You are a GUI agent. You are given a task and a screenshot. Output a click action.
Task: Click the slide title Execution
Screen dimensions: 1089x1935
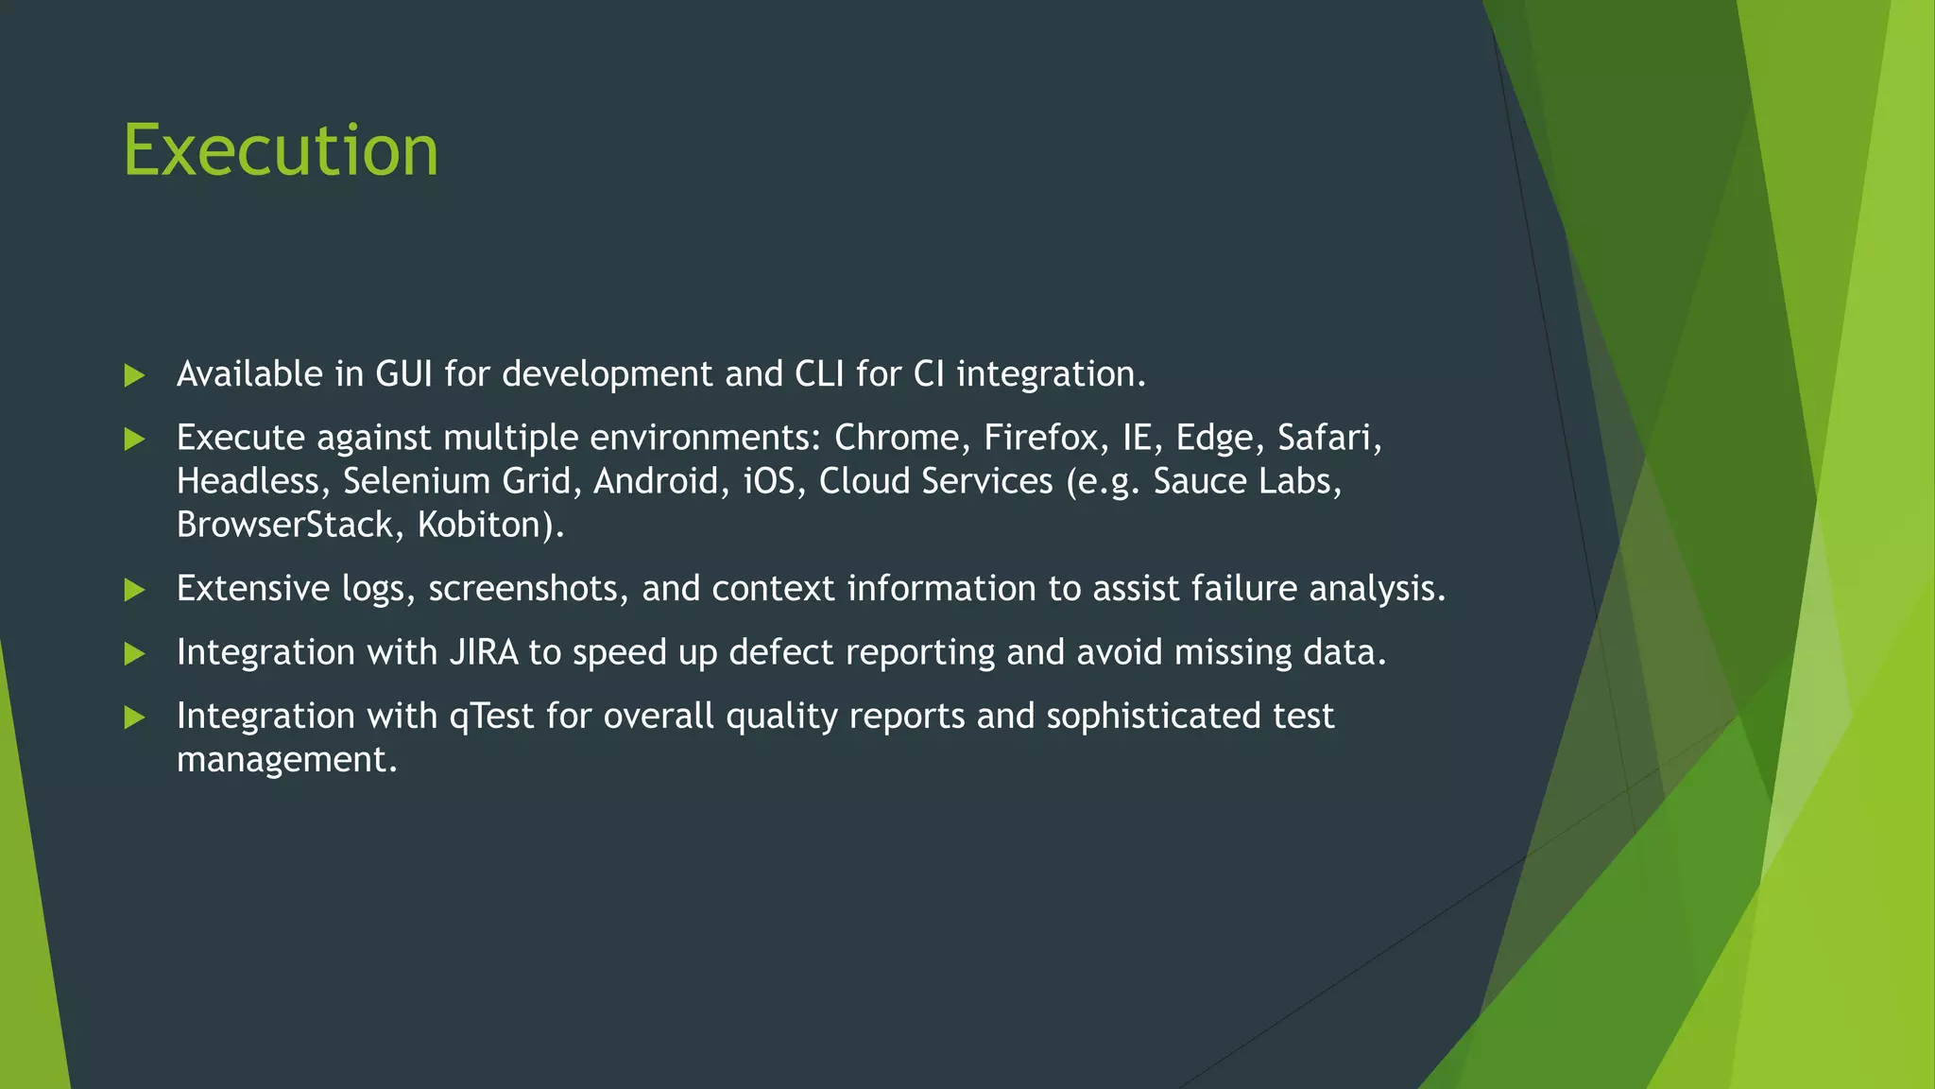click(281, 150)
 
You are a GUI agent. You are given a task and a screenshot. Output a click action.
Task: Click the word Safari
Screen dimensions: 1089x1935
click(1327, 438)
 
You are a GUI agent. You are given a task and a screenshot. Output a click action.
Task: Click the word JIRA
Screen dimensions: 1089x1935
click(484, 652)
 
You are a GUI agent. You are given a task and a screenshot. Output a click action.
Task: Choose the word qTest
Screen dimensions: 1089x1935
click(491, 717)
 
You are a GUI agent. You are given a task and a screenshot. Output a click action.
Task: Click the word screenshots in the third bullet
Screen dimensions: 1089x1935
click(528, 589)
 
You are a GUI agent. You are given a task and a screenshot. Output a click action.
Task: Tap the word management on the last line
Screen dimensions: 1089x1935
click(286, 760)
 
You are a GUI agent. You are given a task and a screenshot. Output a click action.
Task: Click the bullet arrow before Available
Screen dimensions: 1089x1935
click(134, 375)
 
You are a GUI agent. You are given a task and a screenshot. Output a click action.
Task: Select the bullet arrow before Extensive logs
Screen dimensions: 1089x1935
click(134, 590)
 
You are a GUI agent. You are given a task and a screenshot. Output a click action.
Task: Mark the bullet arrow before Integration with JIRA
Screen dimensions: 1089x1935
click(134, 653)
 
